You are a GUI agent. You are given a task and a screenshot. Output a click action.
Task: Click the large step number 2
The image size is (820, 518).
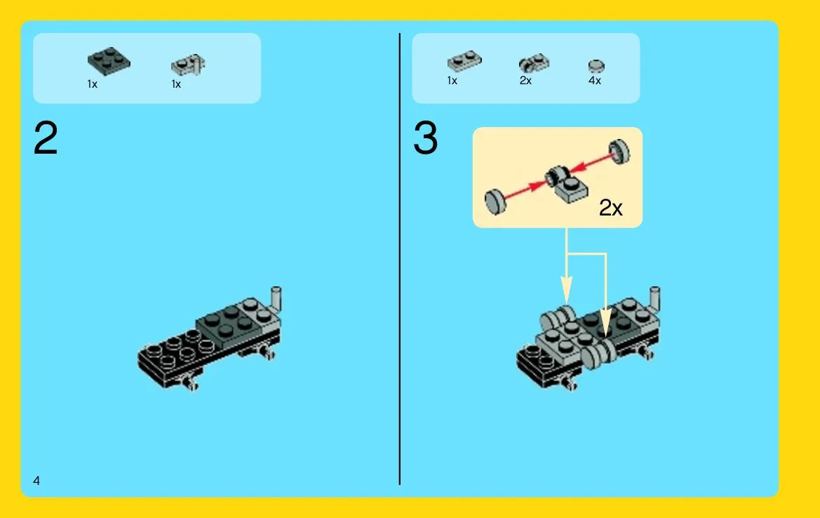pyautogui.click(x=46, y=138)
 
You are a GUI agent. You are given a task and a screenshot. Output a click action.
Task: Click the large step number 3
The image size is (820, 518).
pyautogui.click(x=425, y=138)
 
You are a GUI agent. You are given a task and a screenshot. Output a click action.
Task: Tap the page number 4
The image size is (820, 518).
pyautogui.click(x=36, y=480)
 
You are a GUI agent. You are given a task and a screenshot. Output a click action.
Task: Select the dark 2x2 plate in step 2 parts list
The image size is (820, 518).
pyautogui.click(x=109, y=61)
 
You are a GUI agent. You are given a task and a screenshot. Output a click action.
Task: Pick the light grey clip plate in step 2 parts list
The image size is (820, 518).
pyautogui.click(x=188, y=65)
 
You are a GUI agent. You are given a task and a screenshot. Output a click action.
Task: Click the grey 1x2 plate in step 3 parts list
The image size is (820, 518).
pyautogui.click(x=464, y=60)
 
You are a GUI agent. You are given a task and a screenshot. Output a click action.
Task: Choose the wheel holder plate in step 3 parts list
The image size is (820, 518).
pyautogui.click(x=534, y=63)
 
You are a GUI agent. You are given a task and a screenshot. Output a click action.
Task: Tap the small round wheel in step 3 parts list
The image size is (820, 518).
pyautogui.click(x=596, y=66)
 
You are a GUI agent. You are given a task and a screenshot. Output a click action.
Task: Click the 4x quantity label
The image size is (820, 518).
pyautogui.click(x=595, y=81)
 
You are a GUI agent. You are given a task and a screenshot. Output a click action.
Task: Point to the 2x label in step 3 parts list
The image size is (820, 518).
pyautogui.click(x=525, y=81)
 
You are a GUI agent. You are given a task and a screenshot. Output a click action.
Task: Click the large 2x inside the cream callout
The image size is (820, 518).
pyautogui.click(x=610, y=208)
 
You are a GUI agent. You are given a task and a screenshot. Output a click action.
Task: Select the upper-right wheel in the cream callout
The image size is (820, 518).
pyautogui.click(x=619, y=152)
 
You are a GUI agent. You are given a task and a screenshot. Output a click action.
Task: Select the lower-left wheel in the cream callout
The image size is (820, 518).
pyautogui.click(x=495, y=202)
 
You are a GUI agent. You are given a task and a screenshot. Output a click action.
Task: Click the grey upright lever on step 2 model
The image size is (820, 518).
pyautogui.click(x=276, y=299)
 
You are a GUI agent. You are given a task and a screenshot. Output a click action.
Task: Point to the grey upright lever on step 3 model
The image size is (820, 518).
pyautogui.click(x=654, y=299)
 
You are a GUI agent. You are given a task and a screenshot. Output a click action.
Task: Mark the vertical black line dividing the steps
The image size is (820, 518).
pyautogui.click(x=400, y=259)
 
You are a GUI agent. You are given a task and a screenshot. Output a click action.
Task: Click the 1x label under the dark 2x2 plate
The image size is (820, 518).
pyautogui.click(x=93, y=84)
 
